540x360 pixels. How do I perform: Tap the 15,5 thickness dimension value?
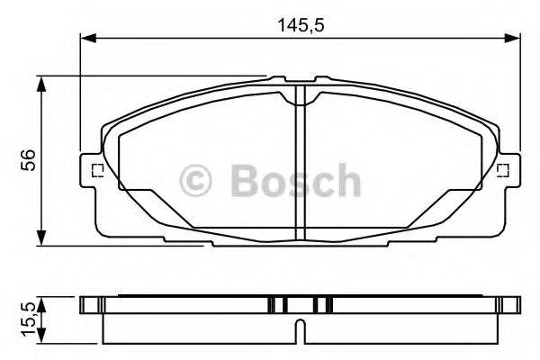[28, 317]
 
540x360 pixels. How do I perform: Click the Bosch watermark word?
[294, 181]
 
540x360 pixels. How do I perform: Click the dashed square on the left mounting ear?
[97, 169]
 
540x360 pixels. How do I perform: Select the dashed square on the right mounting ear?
[504, 169]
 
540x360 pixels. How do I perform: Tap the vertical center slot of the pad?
[301, 171]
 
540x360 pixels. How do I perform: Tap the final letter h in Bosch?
[346, 181]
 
